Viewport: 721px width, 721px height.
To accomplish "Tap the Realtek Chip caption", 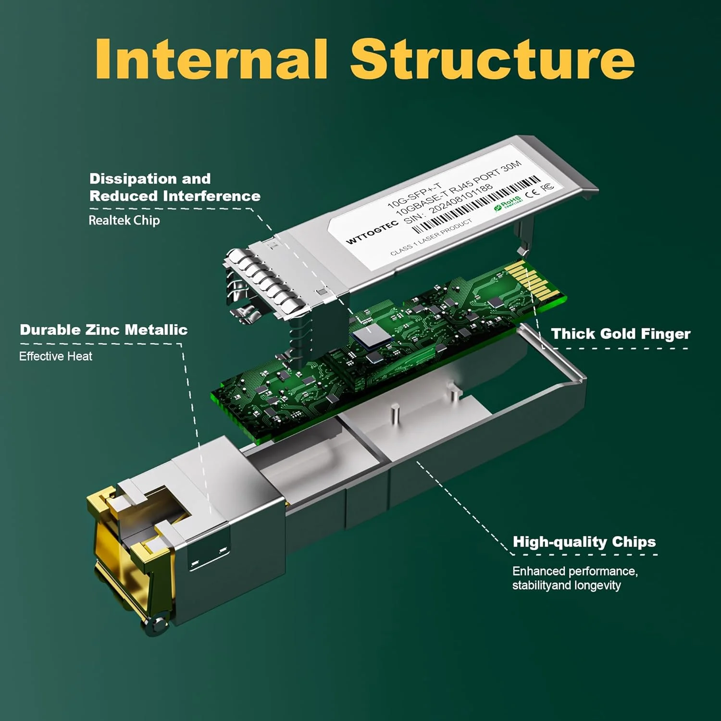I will [x=124, y=221].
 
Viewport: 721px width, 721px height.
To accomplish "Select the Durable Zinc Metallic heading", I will [x=103, y=330].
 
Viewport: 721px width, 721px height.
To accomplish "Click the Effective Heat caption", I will [x=56, y=356].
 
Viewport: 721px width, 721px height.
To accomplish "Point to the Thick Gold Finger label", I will [x=620, y=334].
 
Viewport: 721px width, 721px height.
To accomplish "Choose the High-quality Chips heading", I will [x=584, y=542].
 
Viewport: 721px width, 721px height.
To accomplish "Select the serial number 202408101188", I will [x=460, y=199].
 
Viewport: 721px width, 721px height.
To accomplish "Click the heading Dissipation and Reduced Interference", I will [x=174, y=187].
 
